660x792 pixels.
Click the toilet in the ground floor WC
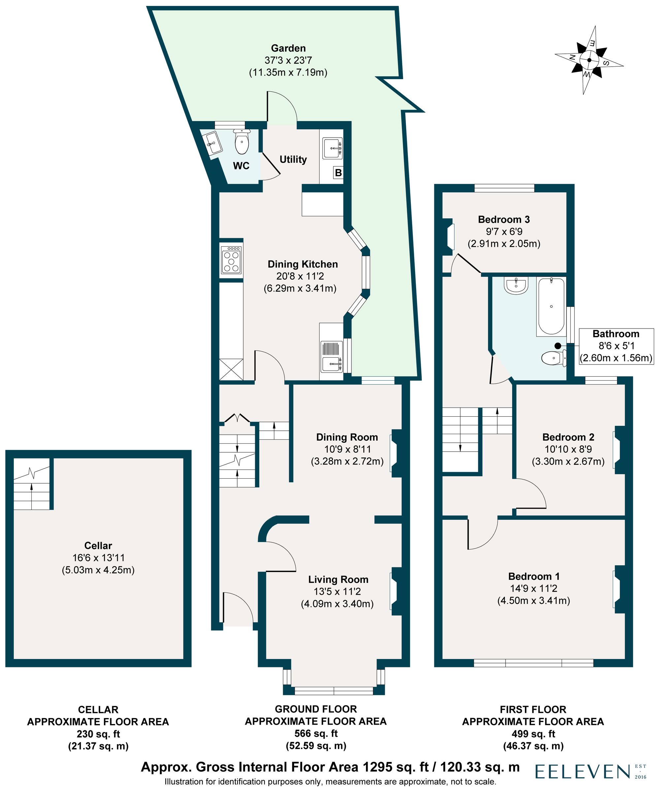coord(242,142)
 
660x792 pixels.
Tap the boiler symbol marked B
coord(338,173)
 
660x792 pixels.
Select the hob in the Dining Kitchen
coord(231,260)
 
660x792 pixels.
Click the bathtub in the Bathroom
coord(551,306)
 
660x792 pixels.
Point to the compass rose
coord(589,60)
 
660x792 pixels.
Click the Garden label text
coord(288,48)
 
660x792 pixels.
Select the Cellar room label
coord(98,545)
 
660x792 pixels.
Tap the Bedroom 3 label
coord(504,219)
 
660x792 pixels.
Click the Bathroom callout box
coord(616,345)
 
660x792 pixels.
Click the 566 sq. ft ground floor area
coord(316,734)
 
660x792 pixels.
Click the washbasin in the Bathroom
coord(515,286)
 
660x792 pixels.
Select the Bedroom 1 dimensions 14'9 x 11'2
coord(533,588)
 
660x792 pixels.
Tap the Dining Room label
coord(347,437)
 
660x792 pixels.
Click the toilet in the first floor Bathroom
coord(553,358)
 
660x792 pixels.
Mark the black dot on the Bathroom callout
coord(558,345)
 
